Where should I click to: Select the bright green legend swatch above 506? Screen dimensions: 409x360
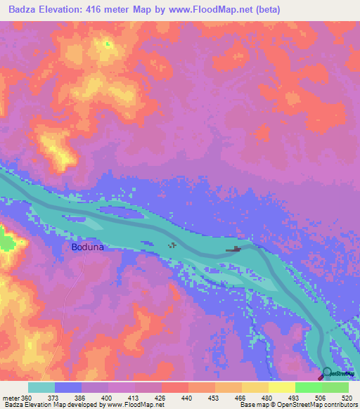(x=308, y=387)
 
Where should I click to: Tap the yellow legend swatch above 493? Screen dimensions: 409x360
(x=281, y=387)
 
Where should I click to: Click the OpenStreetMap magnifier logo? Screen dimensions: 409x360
(x=327, y=373)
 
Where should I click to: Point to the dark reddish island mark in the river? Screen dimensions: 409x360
(x=233, y=249)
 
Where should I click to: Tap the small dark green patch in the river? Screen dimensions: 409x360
(x=172, y=245)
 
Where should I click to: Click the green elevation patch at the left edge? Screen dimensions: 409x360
(x=6, y=241)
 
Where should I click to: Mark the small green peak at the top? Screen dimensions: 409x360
(x=107, y=44)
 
